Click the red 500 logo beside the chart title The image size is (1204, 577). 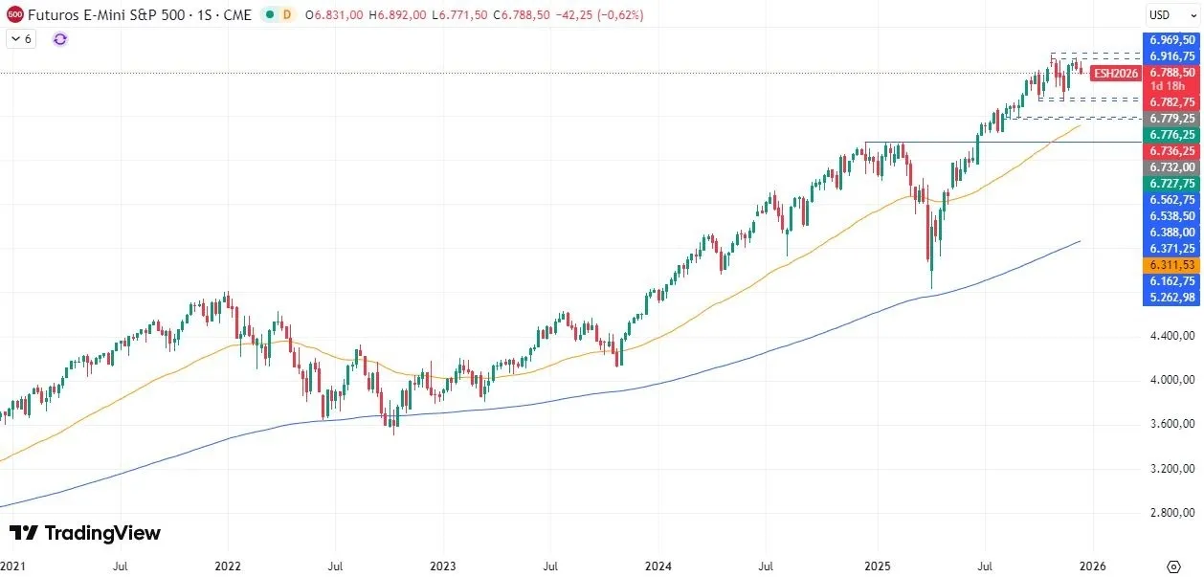point(14,15)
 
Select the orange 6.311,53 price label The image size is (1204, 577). point(1171,264)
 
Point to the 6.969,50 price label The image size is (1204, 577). point(1171,40)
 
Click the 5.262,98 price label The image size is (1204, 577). point(1171,298)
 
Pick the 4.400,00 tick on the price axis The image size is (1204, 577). point(1171,336)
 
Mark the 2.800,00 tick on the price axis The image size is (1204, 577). point(1171,513)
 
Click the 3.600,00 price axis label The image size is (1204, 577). point(1171,424)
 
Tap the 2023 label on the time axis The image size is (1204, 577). point(442,566)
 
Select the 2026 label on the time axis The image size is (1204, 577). point(1093,566)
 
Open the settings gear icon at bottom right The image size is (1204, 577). point(1173,566)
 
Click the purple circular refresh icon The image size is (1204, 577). point(60,39)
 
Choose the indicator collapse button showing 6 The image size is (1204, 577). point(21,39)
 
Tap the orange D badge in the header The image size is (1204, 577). point(286,15)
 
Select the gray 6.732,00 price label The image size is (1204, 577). point(1171,166)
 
